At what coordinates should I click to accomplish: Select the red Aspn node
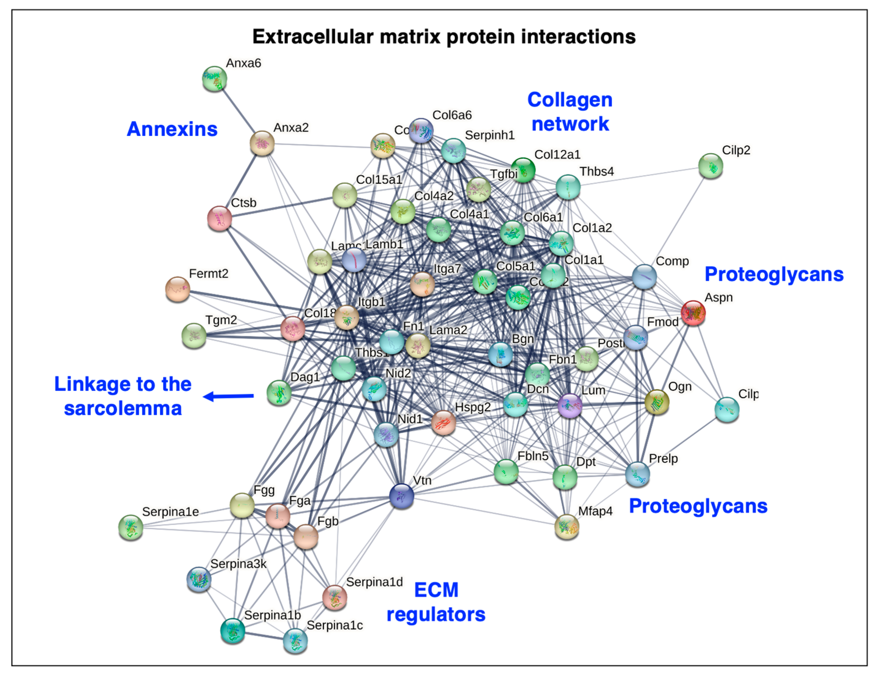[693, 313]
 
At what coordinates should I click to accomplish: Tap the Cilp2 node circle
[710, 166]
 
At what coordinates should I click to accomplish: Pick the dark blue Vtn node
[402, 496]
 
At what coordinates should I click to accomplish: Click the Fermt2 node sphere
[177, 289]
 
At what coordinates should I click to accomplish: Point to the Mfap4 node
[567, 527]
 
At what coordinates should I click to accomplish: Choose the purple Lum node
[570, 406]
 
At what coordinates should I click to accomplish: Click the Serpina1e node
[130, 527]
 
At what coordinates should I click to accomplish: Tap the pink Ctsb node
[219, 219]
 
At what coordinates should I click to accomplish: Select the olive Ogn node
[657, 401]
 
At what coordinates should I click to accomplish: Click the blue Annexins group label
[172, 129]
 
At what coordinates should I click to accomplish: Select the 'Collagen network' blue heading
[570, 112]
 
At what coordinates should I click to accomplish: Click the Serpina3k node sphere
[199, 579]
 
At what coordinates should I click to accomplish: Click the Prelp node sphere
[637, 474]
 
